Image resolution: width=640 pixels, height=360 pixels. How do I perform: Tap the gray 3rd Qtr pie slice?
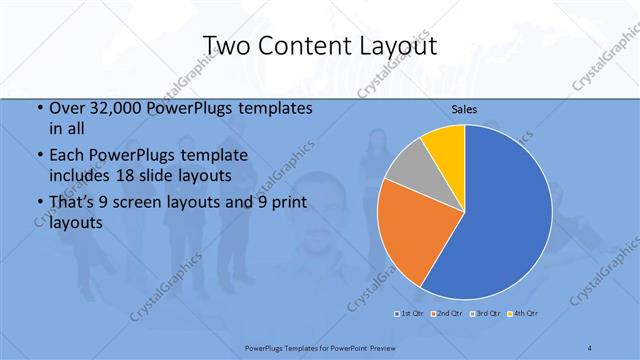410,176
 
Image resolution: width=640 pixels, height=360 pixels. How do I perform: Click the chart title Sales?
465,109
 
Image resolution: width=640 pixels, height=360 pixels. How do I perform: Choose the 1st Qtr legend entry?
409,314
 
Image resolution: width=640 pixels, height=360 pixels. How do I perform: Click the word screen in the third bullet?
158,204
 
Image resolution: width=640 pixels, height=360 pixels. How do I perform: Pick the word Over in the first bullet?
68,109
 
